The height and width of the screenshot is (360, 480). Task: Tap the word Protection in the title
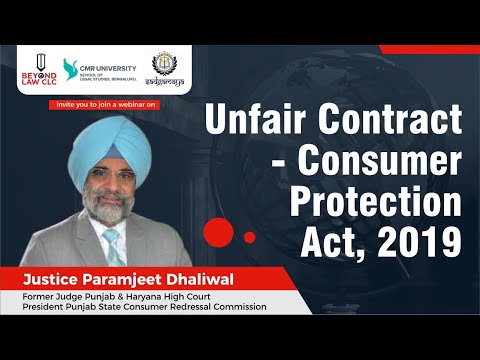tap(375, 203)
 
